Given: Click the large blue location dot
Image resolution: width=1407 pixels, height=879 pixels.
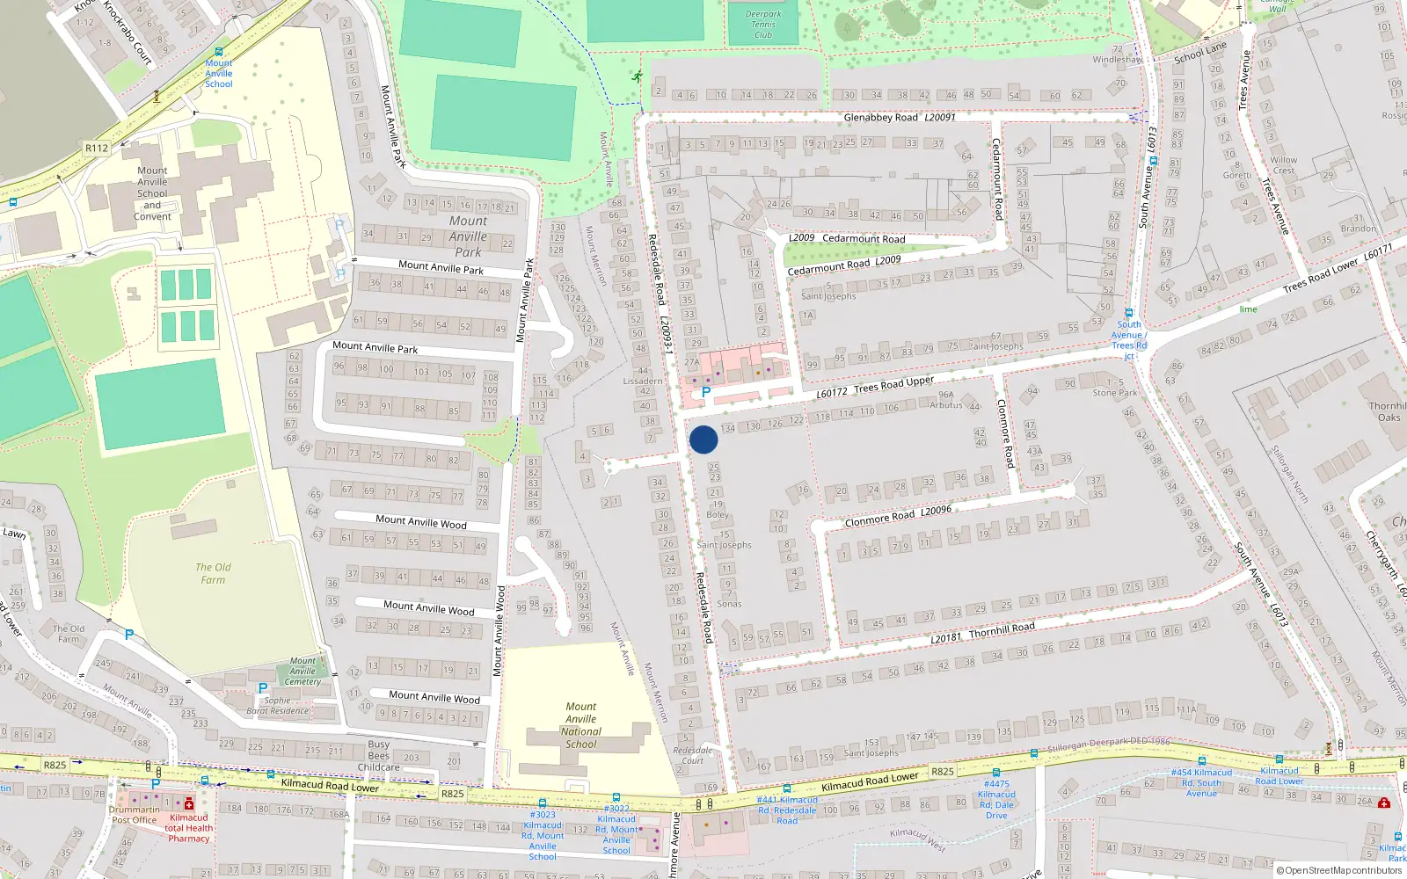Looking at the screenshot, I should point(703,439).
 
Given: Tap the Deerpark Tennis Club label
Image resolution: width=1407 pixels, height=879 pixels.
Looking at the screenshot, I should point(763,25).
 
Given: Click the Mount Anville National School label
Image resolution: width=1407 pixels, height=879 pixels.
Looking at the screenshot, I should point(580,725).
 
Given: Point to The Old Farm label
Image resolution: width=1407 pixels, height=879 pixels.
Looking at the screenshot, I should point(213,573).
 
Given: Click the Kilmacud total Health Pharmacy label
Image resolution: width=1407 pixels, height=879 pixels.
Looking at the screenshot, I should point(188,828).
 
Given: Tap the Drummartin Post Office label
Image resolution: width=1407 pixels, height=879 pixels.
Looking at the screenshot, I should point(134,815).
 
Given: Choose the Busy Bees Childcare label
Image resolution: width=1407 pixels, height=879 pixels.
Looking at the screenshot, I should point(378,755).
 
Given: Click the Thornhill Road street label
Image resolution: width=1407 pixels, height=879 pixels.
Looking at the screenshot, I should point(1002,629).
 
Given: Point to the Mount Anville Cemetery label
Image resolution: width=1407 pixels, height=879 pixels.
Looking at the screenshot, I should point(303,671).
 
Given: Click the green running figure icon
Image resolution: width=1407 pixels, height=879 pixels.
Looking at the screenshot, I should point(636,77).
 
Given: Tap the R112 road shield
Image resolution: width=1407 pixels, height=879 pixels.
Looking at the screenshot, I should point(97,148).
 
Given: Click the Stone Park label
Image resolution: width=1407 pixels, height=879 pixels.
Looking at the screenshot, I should point(1115,393).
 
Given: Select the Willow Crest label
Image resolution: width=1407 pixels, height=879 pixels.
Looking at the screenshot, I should point(1283,165).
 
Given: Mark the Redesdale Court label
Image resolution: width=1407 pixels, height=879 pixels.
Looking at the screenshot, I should point(693,755).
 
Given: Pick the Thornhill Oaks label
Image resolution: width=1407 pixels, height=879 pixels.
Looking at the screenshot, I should point(1388,411).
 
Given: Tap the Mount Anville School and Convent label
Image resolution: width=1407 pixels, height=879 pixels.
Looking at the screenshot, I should point(152,193).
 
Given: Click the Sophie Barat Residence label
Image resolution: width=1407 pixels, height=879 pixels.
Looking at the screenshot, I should point(278,706).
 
